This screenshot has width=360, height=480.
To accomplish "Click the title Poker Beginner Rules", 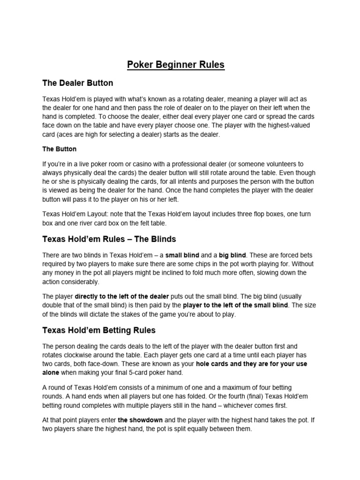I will pos(176,64).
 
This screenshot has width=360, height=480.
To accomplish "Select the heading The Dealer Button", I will pos(78,83).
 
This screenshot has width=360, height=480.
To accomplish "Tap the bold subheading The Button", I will pos(59,149).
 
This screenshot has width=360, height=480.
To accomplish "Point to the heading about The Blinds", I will pos(109,239).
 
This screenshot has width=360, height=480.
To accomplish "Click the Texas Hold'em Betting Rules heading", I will pos(99,330).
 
